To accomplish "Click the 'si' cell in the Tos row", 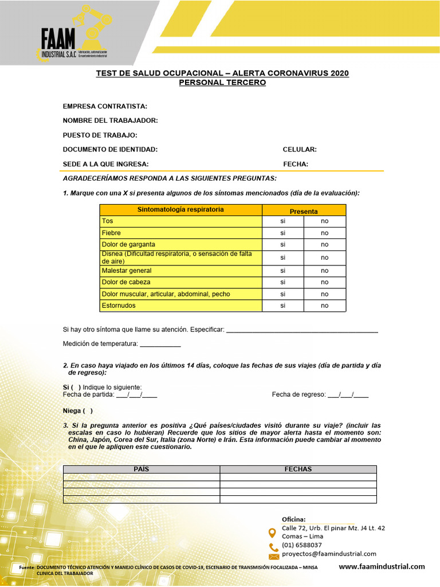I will click(282, 221).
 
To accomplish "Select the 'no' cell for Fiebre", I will click(325, 233).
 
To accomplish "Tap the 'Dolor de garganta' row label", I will click(128, 244).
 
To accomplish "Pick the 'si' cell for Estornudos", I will click(282, 306).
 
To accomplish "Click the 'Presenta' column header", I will click(304, 211).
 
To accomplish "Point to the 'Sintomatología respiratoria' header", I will click(180, 210).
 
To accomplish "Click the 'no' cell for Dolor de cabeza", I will click(325, 282).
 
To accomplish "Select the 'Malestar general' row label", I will click(127, 271).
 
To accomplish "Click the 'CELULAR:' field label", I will click(300, 150).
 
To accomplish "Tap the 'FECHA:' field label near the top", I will click(296, 164).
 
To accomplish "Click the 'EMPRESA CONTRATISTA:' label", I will click(105, 106).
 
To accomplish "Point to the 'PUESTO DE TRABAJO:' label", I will click(100, 135).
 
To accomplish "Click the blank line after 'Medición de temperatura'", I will click(160, 344).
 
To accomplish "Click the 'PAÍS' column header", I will click(141, 469).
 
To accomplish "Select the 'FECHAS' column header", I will click(298, 469).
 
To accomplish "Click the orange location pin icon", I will click(272, 533).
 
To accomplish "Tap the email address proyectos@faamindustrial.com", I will click(329, 554).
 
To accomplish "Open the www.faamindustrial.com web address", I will click(382, 566).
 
